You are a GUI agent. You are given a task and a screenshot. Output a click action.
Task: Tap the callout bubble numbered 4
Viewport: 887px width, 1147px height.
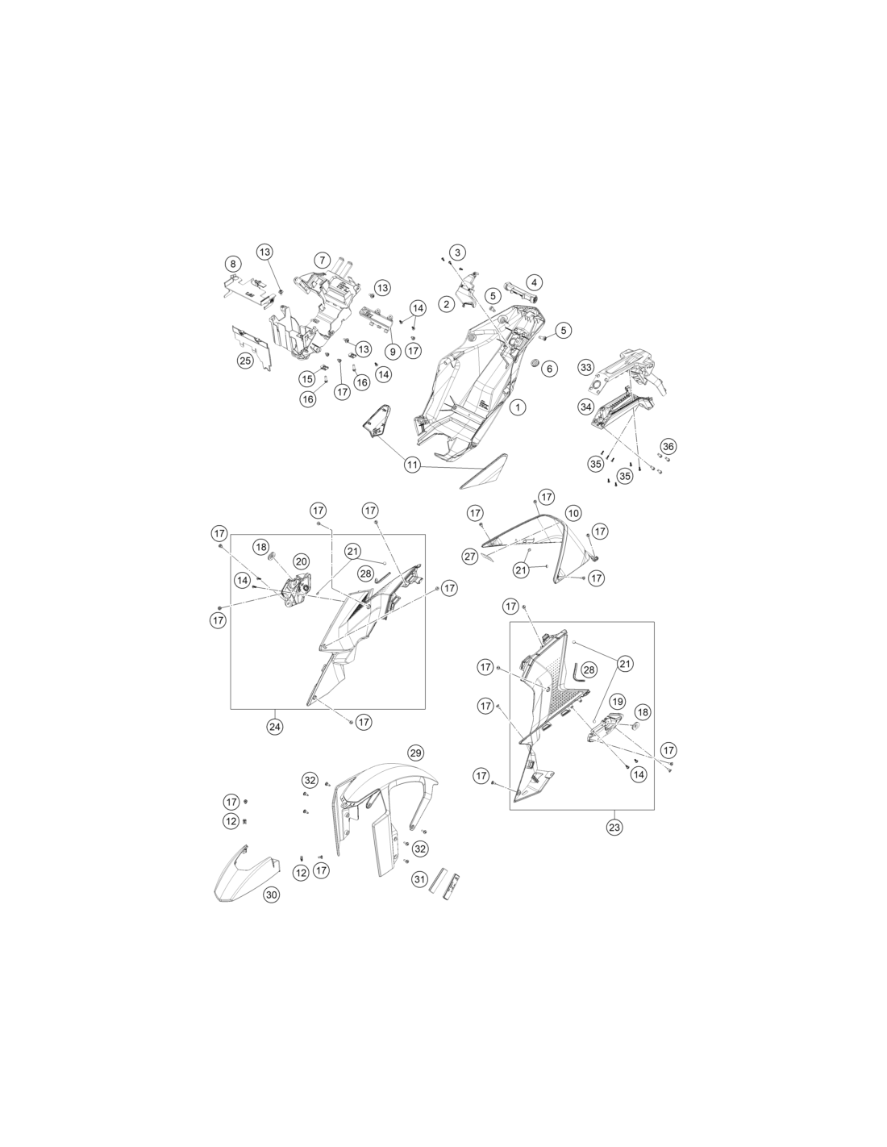(x=534, y=283)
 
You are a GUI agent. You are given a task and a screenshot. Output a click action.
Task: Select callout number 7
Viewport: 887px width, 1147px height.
(x=322, y=261)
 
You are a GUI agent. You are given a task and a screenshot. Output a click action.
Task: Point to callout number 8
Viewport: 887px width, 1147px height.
(x=233, y=264)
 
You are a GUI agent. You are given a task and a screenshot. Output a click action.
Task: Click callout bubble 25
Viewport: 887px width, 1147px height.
(x=245, y=361)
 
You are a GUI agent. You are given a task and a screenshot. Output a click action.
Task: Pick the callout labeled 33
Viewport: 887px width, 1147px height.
(x=585, y=367)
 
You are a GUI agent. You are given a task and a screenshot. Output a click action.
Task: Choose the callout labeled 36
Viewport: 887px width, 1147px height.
(x=668, y=447)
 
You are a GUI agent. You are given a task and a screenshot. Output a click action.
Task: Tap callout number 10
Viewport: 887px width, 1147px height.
(x=573, y=512)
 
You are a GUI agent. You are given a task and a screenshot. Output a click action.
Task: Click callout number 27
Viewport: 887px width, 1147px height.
(x=470, y=556)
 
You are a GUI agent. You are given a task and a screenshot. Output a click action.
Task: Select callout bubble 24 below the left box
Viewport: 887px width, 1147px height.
(x=274, y=727)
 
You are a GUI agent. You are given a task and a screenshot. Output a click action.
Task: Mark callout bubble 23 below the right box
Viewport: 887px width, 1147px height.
(x=614, y=827)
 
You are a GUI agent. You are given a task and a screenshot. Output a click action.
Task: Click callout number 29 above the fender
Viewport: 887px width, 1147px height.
(x=416, y=753)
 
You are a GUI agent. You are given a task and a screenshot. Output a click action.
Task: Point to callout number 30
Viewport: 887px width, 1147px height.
(x=271, y=895)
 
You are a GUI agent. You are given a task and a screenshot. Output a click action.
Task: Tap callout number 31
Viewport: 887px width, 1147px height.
(x=419, y=879)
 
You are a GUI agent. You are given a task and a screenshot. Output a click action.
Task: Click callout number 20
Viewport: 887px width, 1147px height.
(x=302, y=561)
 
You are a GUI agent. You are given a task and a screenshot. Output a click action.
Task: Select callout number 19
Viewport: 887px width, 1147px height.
(x=618, y=702)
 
